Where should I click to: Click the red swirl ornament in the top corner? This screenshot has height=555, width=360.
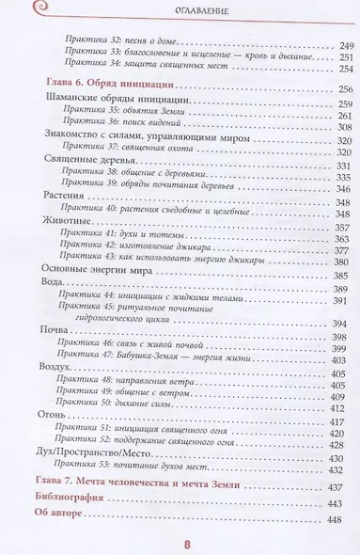pos(15,10)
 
